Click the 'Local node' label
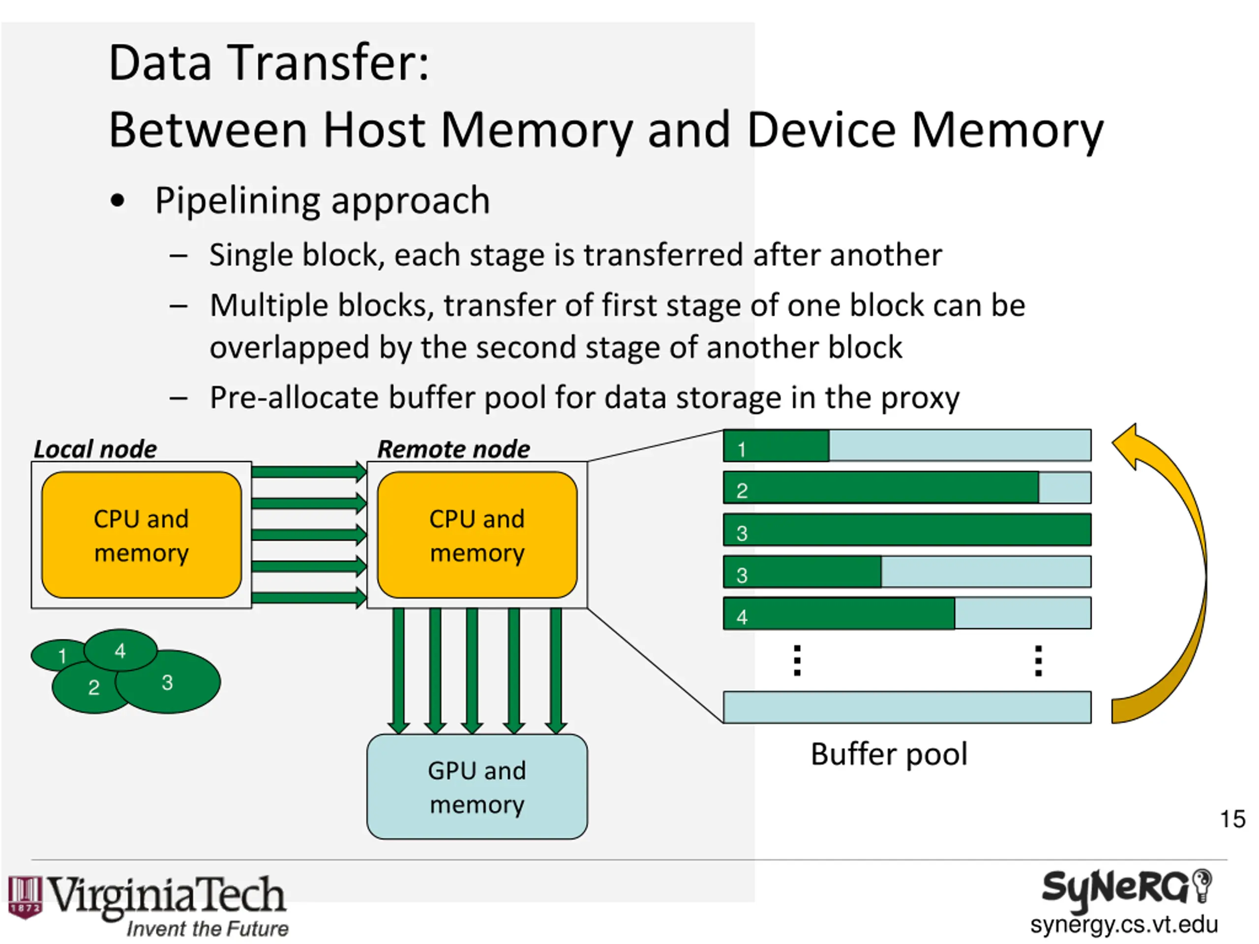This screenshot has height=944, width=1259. (95, 449)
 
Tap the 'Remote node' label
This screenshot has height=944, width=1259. (453, 449)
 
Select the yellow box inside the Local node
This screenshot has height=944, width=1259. (141, 535)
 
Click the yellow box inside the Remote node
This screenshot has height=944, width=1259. (477, 535)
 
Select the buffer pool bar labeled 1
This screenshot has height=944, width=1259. (907, 445)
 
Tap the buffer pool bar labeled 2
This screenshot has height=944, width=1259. (907, 488)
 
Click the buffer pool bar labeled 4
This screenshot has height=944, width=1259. (907, 614)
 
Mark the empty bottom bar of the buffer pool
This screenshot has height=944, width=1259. (907, 708)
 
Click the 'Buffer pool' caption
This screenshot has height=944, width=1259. (889, 755)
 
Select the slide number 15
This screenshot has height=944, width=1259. (1232, 820)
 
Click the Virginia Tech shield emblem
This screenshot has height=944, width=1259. (25, 897)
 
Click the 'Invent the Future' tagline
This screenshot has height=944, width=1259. (207, 929)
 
